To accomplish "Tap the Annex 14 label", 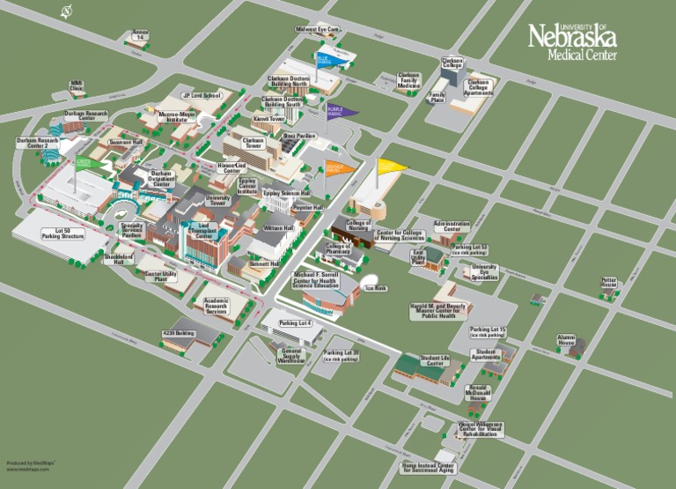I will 139,36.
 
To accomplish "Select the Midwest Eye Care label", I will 318,29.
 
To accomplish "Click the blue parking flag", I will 327,60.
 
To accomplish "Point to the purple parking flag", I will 342,111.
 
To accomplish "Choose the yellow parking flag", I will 392,165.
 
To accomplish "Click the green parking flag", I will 86,163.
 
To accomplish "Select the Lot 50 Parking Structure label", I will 62,233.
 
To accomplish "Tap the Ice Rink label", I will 376,287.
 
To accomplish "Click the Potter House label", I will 609,283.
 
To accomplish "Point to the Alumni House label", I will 566,339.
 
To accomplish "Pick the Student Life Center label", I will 434,361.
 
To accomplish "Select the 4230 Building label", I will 178,334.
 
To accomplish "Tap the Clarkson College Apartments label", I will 478,85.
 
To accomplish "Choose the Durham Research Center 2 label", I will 38,143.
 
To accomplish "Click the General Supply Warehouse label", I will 291,355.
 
